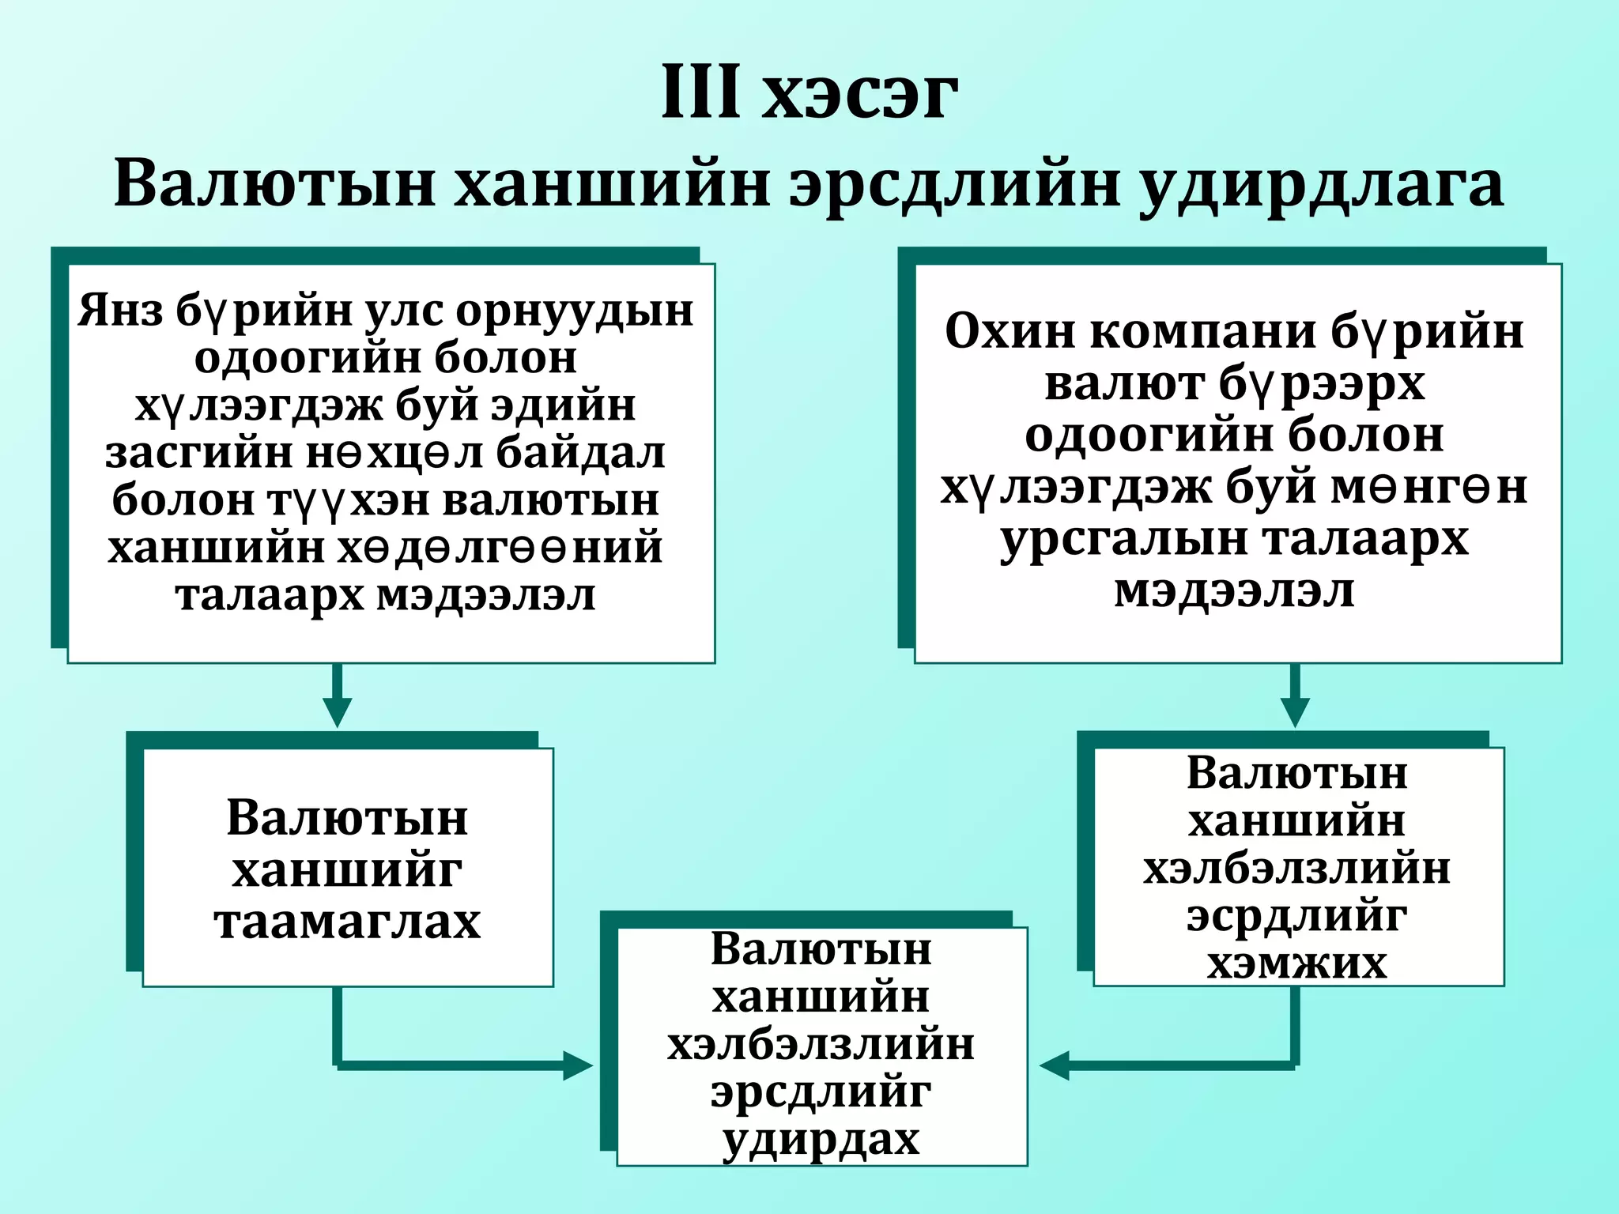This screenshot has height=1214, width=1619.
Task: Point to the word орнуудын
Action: coord(575,311)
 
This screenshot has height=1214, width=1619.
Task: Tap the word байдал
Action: coord(581,453)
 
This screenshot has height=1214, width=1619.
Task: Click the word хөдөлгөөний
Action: coord(500,548)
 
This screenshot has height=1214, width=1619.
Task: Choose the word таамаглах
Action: coord(347,922)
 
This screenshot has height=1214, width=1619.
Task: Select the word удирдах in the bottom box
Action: coord(821,1141)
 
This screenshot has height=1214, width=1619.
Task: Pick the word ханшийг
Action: coord(347,870)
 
